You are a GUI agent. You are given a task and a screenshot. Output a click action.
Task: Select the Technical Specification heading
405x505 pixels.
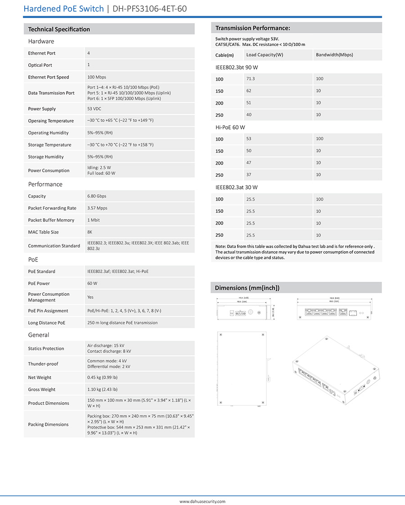pos(59,29)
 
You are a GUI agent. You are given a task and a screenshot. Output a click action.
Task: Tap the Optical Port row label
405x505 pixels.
pos(40,65)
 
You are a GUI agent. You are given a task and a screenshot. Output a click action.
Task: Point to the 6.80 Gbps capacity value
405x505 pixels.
pos(97,197)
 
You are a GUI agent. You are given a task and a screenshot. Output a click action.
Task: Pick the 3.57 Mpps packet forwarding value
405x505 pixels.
pos(98,208)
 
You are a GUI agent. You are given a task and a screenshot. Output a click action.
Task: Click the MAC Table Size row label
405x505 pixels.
pos(43,232)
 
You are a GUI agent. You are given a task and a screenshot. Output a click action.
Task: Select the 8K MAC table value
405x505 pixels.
pos(90,232)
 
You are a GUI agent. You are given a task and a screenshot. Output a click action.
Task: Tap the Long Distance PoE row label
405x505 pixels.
pos(46,323)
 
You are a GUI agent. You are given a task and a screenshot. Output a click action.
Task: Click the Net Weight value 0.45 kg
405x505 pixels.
pos(102,378)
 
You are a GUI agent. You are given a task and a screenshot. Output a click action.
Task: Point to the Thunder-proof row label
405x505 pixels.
pos(43,364)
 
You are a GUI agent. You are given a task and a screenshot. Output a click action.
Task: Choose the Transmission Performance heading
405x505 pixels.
pos(252,28)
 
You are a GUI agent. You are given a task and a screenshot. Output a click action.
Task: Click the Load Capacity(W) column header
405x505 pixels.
pos(265,55)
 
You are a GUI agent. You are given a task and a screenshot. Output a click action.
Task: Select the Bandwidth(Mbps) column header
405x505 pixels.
pos(334,55)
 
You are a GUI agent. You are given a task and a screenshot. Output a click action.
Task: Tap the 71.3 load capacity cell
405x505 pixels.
pos(251,79)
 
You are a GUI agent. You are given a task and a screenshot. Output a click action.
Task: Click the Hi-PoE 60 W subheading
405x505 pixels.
pos(230,128)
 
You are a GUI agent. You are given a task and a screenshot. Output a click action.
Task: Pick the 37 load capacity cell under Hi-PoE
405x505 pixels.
pos(249,175)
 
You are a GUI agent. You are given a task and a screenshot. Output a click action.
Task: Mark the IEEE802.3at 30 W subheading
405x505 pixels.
pos(237,188)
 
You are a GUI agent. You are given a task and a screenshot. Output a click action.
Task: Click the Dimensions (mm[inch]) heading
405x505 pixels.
pos(247,288)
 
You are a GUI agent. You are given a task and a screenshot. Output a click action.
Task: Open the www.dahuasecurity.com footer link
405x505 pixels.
pos(202,501)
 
